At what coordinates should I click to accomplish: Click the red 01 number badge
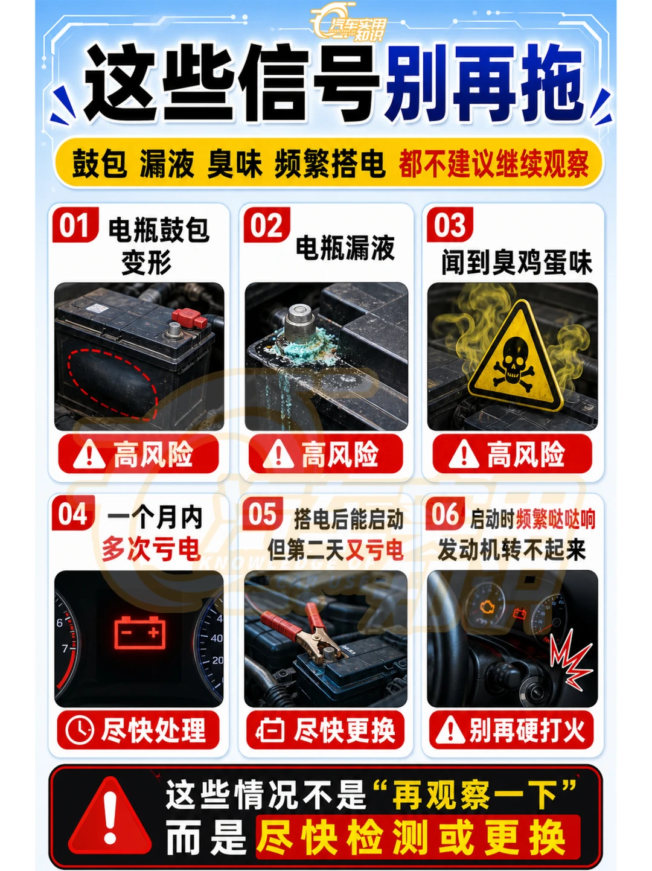[x=75, y=225]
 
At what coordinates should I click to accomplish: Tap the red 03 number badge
[x=450, y=225]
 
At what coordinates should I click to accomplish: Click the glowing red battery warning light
[x=140, y=633]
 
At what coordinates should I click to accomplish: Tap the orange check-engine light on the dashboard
[x=486, y=607]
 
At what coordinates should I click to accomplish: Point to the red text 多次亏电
[x=151, y=550]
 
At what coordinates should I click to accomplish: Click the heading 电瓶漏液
[x=345, y=247]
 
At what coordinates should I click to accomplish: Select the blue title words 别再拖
[x=484, y=83]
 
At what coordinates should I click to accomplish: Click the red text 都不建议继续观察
[x=494, y=164]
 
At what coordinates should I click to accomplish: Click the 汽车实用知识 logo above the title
[x=348, y=24]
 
